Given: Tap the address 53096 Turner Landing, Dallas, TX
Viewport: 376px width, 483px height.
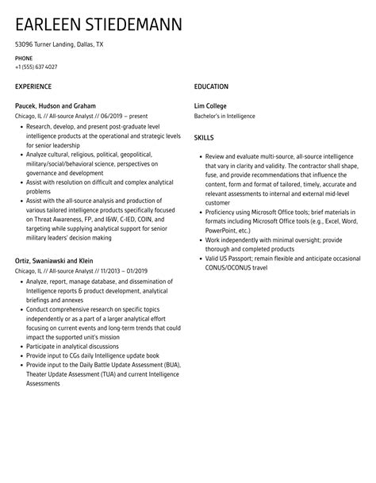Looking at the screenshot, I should coord(59,45).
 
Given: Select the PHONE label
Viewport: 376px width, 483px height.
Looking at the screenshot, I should coord(24,58).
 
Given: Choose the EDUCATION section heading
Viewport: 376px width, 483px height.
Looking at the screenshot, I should coord(211,86).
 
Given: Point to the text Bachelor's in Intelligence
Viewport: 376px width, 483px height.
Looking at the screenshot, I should coord(224,117).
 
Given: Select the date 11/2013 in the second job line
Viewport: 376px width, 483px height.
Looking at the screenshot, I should coord(112,271).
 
